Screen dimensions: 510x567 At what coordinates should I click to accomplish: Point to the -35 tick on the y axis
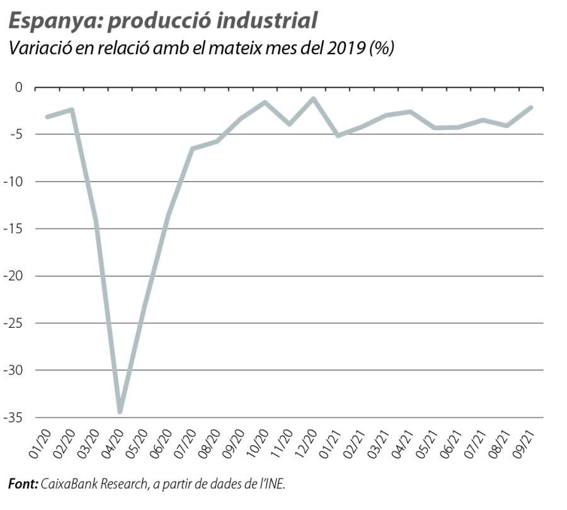pyautogui.click(x=13, y=417)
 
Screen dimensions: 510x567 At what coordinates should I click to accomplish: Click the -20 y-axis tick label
pyautogui.click(x=13, y=276)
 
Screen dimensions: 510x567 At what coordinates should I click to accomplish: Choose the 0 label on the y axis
pyautogui.click(x=18, y=87)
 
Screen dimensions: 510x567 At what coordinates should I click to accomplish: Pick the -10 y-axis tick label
pyautogui.click(x=13, y=182)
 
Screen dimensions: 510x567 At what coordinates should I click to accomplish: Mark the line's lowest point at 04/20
pyautogui.click(x=120, y=412)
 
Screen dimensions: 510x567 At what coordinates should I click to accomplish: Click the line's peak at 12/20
pyautogui.click(x=313, y=98)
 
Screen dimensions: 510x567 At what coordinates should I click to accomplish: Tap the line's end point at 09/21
pyautogui.click(x=531, y=107)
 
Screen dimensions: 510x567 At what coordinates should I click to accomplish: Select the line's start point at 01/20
pyautogui.click(x=47, y=117)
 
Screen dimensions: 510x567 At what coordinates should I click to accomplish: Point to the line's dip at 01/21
pyautogui.click(x=338, y=136)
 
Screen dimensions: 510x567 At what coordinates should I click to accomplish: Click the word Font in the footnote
pyautogui.click(x=23, y=484)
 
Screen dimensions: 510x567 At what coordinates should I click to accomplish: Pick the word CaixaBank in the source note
pyautogui.click(x=69, y=484)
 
